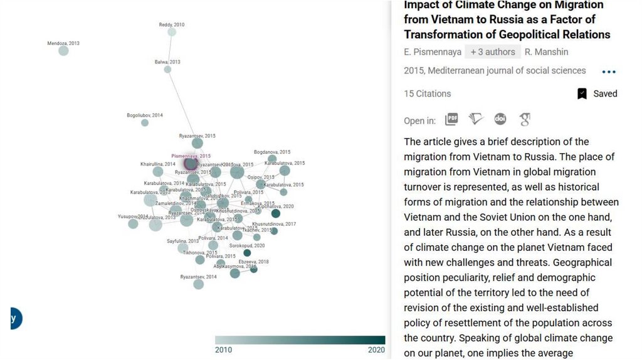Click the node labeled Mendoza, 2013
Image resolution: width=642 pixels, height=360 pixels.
pyautogui.click(x=63, y=51)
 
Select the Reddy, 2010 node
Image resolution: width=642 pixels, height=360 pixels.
pyautogui.click(x=172, y=32)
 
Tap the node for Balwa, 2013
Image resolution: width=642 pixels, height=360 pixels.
pyautogui.click(x=167, y=70)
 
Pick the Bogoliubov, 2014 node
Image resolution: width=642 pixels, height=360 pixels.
pyautogui.click(x=145, y=123)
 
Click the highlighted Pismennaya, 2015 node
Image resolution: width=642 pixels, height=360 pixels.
pyautogui.click(x=191, y=164)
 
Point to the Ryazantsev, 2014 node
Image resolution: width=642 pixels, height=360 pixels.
pyautogui.click(x=199, y=284)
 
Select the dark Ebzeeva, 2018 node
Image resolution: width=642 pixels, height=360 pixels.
pyautogui.click(x=254, y=269)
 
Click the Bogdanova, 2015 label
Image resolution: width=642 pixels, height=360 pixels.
pyautogui.click(x=272, y=152)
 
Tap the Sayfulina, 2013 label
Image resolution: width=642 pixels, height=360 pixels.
pyautogui.click(x=182, y=241)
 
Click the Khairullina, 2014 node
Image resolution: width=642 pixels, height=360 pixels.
pyautogui.click(x=158, y=171)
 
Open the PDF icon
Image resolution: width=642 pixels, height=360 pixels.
pyautogui.click(x=451, y=119)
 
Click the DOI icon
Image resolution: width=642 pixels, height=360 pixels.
pyautogui.click(x=500, y=119)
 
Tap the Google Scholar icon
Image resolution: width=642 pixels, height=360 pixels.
pyautogui.click(x=525, y=119)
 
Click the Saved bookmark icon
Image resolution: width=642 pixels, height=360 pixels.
pyautogui.click(x=582, y=93)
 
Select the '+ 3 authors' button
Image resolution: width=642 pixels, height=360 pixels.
pyautogui.click(x=493, y=52)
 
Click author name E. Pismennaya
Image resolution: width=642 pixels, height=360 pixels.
pyautogui.click(x=433, y=52)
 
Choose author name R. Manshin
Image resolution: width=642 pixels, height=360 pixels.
pyautogui.click(x=547, y=52)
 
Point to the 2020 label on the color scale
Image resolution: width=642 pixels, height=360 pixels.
pyautogui.click(x=376, y=349)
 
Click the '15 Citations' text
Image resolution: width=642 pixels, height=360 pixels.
pyautogui.click(x=428, y=93)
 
